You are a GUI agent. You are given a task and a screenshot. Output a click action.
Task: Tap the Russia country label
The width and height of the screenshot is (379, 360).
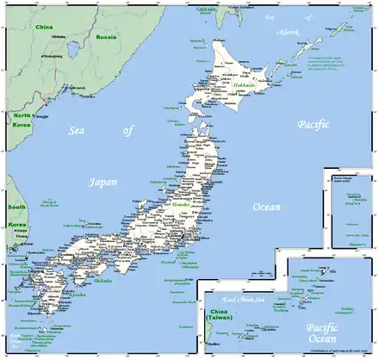tap(106, 38)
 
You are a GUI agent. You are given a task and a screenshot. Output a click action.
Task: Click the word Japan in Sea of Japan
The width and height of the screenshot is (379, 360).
tap(103, 182)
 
